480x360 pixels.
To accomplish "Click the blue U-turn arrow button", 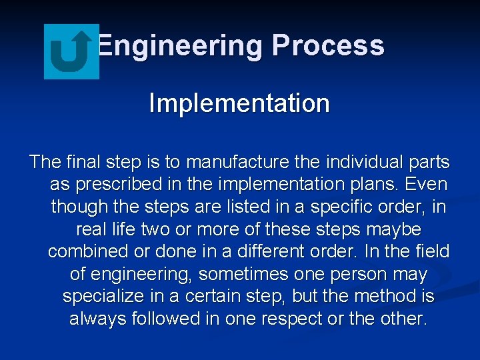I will pos(71,52).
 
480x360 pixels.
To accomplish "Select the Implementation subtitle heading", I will pos(239,103).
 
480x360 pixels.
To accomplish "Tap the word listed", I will pos(220,207).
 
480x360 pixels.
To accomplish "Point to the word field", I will pos(432,252).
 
